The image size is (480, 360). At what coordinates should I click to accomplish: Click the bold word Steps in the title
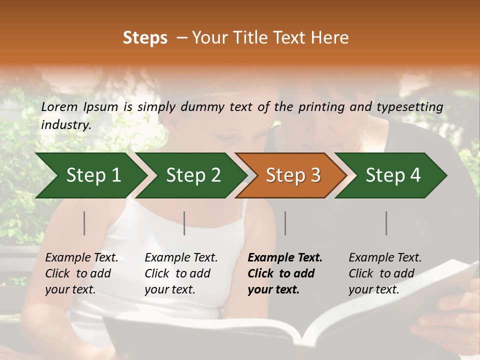145,38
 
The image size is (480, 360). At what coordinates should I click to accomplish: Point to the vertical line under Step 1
84,223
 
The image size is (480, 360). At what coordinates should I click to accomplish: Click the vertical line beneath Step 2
184,223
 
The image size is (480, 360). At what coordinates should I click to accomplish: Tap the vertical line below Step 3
285,223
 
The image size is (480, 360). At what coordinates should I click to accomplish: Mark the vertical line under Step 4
386,223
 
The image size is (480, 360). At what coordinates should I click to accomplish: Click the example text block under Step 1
81,273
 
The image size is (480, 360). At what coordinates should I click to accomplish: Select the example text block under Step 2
181,273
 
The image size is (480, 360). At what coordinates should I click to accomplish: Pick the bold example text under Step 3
285,273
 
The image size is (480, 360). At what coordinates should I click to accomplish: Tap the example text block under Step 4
385,273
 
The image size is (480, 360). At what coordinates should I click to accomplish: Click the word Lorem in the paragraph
59,106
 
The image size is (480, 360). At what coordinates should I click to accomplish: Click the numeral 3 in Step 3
314,175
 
